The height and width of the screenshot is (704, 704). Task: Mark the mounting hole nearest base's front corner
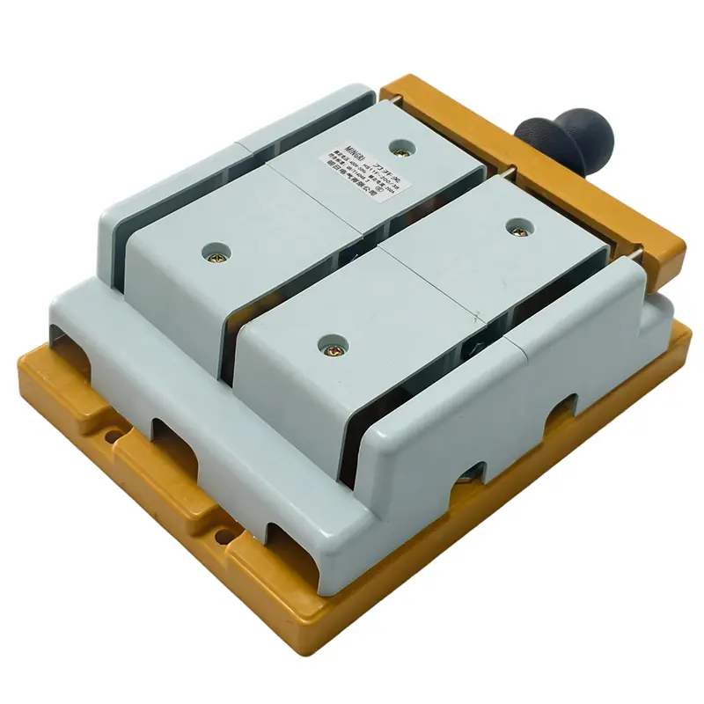click(x=228, y=536)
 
